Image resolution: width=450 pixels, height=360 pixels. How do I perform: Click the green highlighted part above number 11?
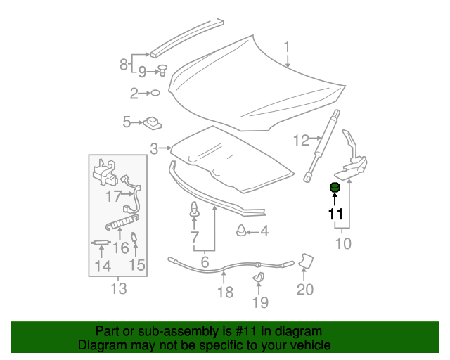pos(335,187)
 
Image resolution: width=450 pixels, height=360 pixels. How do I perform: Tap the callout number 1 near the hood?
pos(287,48)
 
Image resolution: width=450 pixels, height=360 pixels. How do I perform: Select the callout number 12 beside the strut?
pos(301,141)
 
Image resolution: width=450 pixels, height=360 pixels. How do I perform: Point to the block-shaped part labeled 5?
pos(152,124)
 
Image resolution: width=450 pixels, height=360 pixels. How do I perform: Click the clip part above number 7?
pos(194,209)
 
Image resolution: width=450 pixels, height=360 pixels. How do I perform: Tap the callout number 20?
pos(304,289)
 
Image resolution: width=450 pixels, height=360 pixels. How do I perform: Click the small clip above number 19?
pos(259,278)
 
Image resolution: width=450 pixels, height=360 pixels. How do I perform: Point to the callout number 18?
pos(225,292)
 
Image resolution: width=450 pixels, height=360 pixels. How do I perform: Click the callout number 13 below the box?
pos(118,288)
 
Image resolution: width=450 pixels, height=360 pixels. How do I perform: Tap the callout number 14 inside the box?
pos(103,266)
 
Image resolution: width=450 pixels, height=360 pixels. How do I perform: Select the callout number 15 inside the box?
pos(136,265)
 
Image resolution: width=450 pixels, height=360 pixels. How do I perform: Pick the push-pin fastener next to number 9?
pos(162,70)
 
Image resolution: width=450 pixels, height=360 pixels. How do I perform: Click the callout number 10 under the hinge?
pos(342,244)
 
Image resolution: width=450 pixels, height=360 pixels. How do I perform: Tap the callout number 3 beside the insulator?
pos(154,148)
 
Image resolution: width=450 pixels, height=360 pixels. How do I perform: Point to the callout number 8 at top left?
pos(124,65)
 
